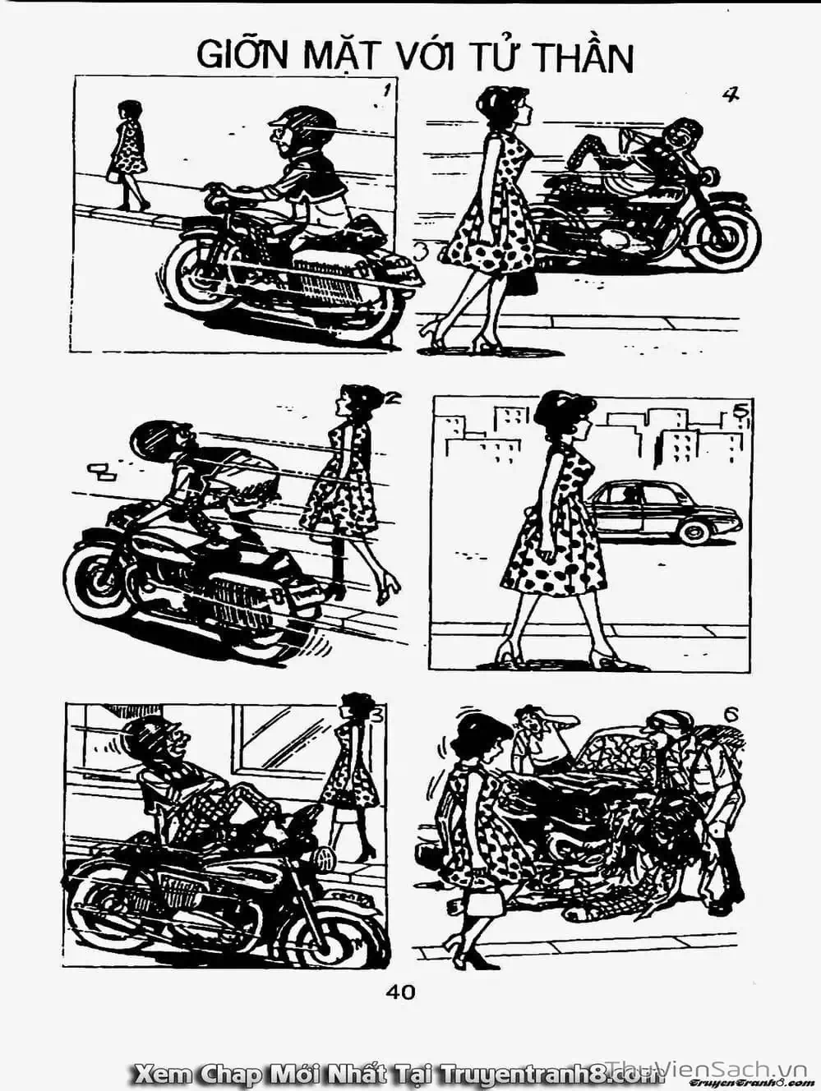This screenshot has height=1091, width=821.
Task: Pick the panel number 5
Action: point(740,410)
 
